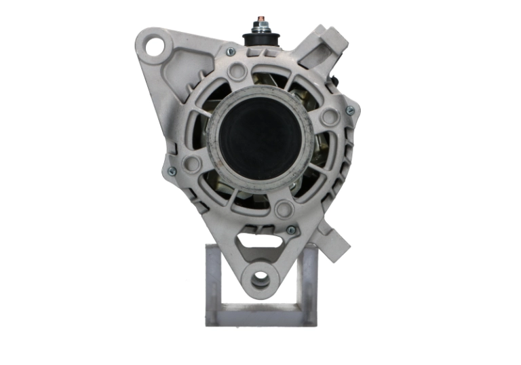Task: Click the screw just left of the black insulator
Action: click(231, 52)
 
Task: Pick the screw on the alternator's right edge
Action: click(350, 110)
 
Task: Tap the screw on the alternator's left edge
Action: click(172, 171)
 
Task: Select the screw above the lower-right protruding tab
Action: click(291, 230)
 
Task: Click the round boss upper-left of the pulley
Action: click(237, 71)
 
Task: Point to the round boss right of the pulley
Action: click(330, 117)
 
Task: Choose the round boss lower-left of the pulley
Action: click(193, 164)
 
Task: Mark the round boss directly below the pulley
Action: click(283, 207)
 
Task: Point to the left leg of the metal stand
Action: click(214, 285)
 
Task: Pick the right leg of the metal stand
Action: click(307, 285)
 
